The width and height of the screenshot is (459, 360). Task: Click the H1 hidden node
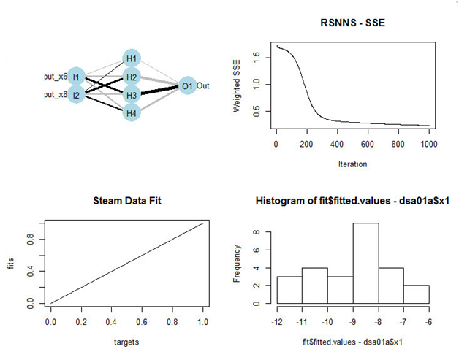pos(132,58)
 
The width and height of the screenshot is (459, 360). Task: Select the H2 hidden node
pos(132,77)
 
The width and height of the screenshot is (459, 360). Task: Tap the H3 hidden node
pos(132,95)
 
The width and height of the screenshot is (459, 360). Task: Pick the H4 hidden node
pos(132,113)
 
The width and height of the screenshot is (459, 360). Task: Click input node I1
pos(77,77)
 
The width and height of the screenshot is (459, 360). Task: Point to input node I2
pos(77,95)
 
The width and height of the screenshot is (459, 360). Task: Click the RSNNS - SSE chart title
pos(352,23)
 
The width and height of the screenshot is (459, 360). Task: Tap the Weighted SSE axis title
pos(237,87)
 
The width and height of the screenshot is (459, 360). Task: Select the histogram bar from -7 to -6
pos(416,294)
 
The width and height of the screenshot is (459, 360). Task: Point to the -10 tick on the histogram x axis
pos(327,321)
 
